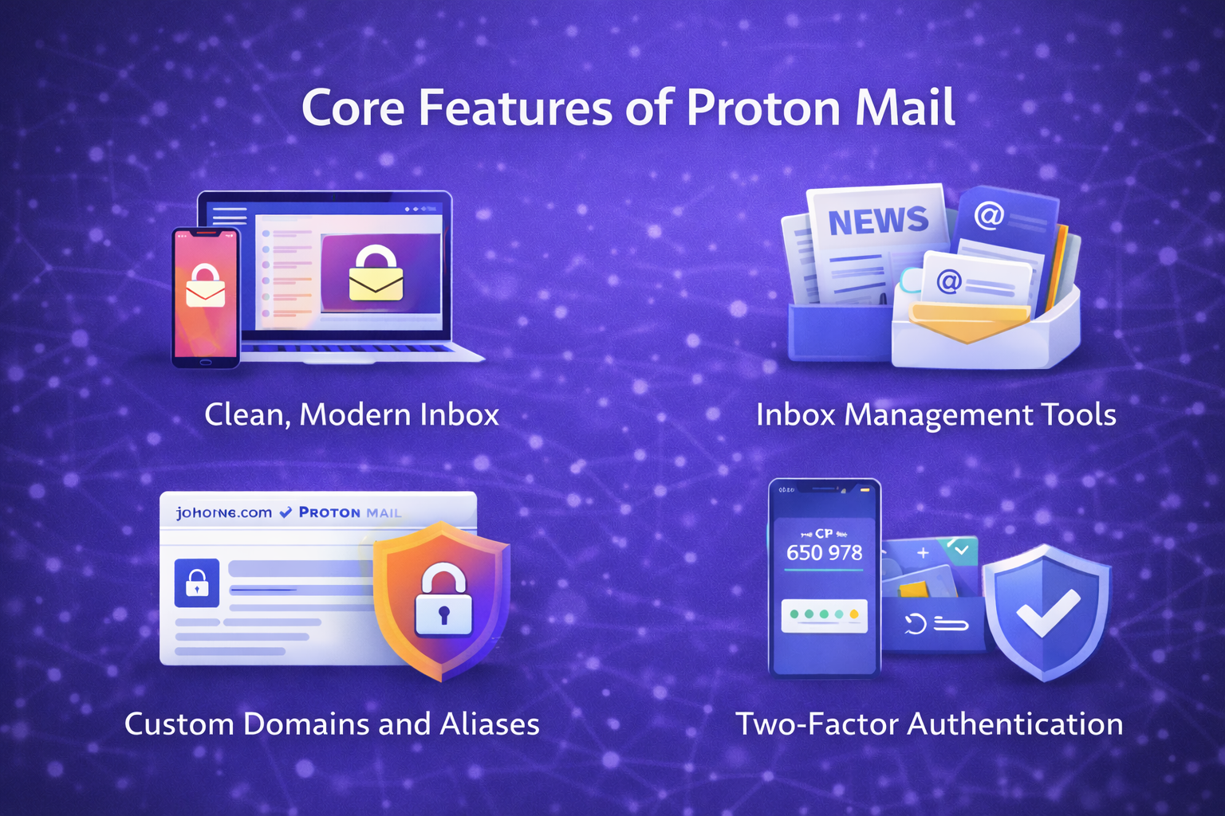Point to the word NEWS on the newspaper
878,221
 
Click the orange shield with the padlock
442,599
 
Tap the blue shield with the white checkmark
1046,610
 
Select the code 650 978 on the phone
824,552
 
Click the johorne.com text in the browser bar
224,512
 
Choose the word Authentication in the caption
1015,724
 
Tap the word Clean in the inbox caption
247,415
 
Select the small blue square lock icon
197,583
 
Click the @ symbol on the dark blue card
989,215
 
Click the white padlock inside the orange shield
443,602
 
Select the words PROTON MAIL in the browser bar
350,512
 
